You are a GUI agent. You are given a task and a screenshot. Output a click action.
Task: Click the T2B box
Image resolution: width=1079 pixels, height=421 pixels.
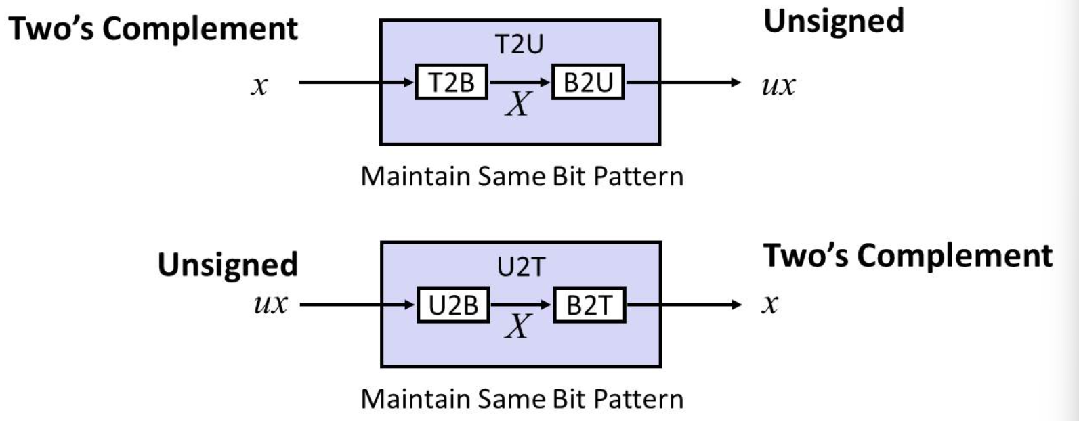click(x=451, y=83)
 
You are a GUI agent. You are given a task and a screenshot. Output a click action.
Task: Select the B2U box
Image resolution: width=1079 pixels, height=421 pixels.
click(x=587, y=83)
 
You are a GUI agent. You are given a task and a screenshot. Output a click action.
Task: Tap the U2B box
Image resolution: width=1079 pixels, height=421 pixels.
click(x=452, y=305)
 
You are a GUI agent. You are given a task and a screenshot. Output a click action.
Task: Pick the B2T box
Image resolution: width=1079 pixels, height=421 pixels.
click(x=589, y=305)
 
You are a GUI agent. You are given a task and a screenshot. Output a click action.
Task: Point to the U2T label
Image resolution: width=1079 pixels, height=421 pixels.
click(x=520, y=267)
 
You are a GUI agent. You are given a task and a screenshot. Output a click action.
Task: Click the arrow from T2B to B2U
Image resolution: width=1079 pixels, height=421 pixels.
click(x=520, y=83)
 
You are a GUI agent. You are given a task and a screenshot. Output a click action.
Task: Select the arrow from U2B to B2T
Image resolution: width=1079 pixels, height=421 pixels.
click(x=521, y=305)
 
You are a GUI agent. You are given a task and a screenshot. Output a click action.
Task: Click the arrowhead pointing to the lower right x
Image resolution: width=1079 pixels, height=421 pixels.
click(x=736, y=305)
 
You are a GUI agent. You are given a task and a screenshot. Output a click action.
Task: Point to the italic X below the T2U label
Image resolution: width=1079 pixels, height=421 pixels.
click(x=518, y=105)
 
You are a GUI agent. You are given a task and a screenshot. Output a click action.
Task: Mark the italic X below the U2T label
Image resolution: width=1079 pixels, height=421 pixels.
click(x=519, y=327)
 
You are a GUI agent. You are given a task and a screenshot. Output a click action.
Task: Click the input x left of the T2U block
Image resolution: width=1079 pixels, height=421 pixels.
click(x=259, y=87)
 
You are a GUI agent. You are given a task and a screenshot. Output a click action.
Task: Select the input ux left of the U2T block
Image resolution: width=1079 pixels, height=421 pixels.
click(x=270, y=305)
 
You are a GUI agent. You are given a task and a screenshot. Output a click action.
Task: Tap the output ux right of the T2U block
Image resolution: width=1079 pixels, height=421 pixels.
click(x=778, y=87)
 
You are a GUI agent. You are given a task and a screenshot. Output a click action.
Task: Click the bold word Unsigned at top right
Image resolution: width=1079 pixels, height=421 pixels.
click(x=833, y=21)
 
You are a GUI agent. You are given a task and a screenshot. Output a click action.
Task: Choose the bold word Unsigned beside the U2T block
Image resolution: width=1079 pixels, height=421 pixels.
click(x=228, y=265)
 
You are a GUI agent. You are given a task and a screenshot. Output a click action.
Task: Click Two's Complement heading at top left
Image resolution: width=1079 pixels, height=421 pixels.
click(x=153, y=28)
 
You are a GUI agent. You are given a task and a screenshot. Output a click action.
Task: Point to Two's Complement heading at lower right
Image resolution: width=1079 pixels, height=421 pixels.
click(x=908, y=256)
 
